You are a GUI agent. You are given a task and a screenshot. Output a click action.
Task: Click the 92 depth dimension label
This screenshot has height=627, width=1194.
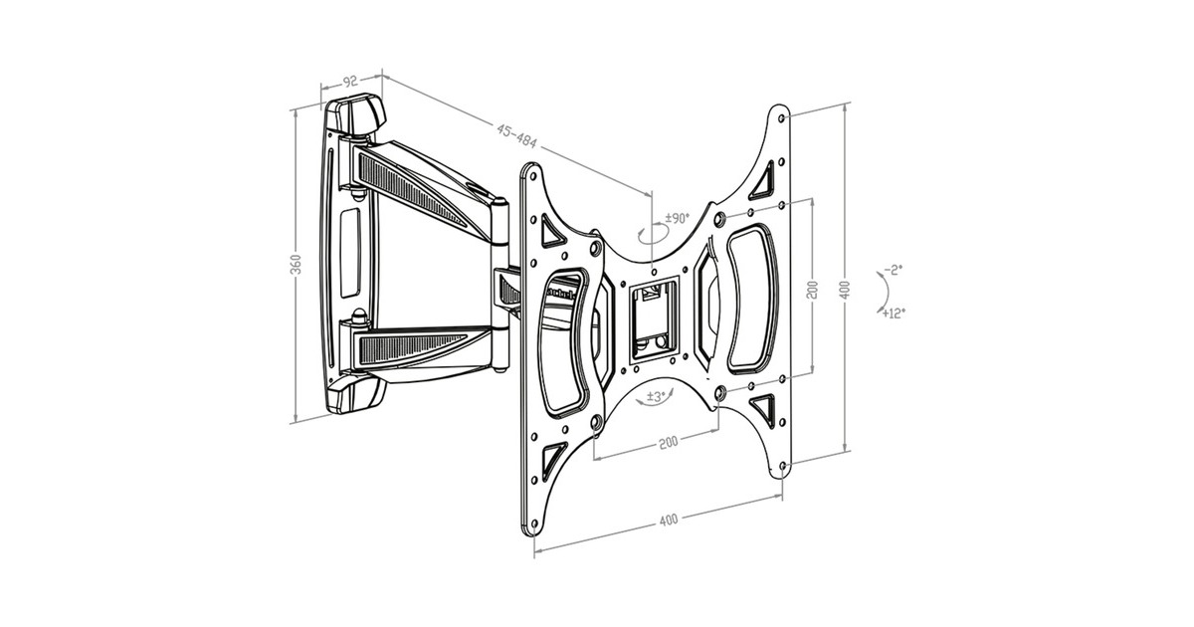tap(349, 82)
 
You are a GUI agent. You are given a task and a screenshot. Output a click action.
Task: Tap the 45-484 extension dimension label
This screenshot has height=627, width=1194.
tap(516, 136)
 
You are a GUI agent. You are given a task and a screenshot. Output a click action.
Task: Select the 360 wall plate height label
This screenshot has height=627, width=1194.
tap(296, 265)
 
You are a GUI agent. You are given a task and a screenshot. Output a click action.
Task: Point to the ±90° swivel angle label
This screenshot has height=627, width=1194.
tap(677, 218)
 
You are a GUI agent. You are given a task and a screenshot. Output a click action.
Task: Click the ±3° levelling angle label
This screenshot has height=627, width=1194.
tap(656, 397)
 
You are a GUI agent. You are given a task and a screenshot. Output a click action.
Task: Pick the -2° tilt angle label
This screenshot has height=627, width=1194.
tap(894, 270)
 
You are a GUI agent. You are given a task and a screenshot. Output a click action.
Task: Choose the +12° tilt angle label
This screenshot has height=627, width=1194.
tap(894, 313)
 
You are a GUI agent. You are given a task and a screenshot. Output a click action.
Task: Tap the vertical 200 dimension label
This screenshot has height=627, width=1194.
tap(812, 290)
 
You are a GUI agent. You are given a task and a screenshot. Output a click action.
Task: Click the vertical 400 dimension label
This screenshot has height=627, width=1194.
tap(845, 290)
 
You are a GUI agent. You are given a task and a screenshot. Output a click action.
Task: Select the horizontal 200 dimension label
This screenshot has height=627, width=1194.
tap(669, 442)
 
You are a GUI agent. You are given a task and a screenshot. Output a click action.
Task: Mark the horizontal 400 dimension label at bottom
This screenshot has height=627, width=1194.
tap(669, 520)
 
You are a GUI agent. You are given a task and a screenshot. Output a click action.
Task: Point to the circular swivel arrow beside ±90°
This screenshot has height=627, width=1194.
tap(654, 235)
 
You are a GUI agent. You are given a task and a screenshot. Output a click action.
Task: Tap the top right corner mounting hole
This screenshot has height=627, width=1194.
tap(782, 117)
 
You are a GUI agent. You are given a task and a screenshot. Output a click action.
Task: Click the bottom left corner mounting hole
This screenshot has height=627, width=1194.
tap(534, 524)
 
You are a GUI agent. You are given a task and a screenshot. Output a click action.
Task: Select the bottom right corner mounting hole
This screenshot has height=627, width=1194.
tap(782, 466)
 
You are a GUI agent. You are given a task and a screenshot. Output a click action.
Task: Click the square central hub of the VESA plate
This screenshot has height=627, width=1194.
tap(654, 320)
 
